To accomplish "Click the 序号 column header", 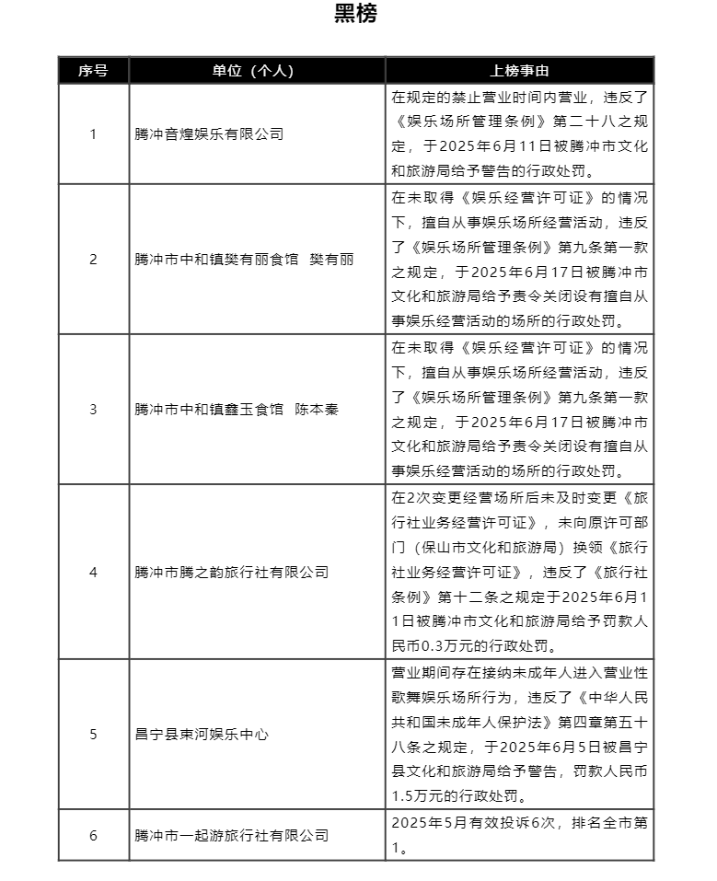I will coord(93,71).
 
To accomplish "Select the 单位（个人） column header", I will coord(257,71).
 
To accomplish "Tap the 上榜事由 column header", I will coord(519,71).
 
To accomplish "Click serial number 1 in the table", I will coord(93,133).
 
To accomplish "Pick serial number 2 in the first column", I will coord(93,259).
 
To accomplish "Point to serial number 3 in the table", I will coord(93,409).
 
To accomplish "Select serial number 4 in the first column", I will coord(93,572).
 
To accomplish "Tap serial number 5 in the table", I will coord(93,735).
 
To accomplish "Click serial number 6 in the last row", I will coord(93,835).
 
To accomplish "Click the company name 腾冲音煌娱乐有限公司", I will coord(209,133).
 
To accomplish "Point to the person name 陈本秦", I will coord(317,409).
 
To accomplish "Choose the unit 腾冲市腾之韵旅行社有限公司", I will coord(231,572).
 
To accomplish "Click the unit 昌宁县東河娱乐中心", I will coord(202,735).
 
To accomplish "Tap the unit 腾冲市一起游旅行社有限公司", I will coord(231,835).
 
